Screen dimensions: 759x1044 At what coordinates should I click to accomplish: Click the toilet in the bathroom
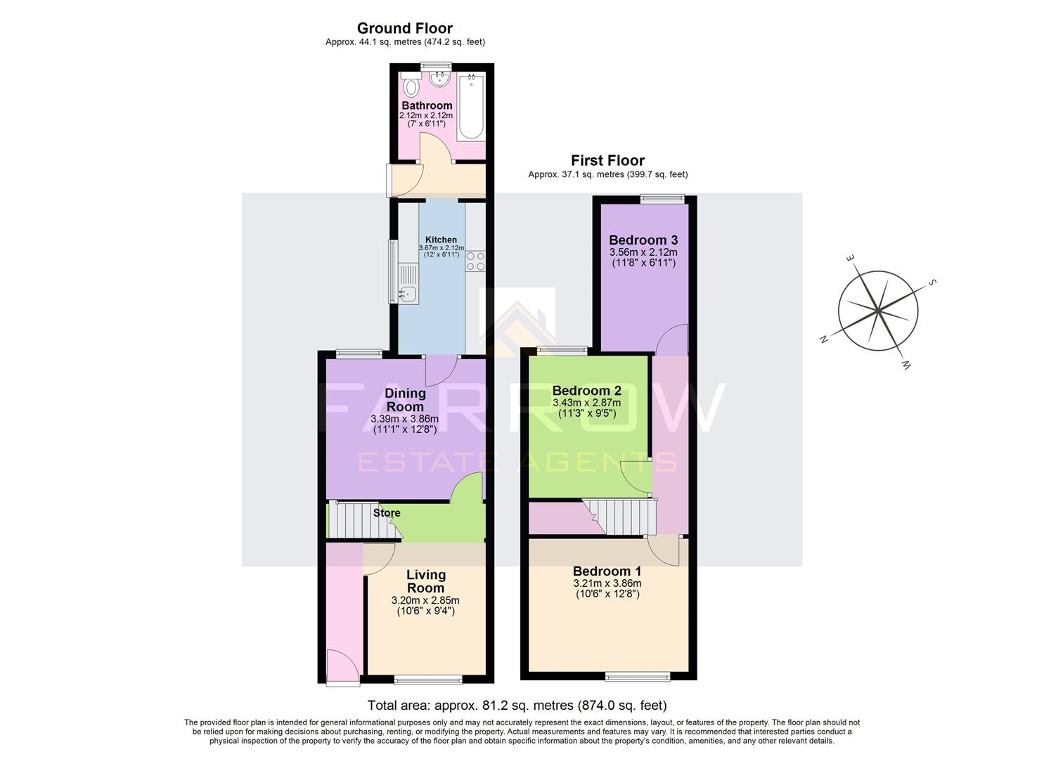(411, 87)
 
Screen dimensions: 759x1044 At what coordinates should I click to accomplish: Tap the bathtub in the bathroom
(470, 107)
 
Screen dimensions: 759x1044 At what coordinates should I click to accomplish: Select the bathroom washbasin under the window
(440, 79)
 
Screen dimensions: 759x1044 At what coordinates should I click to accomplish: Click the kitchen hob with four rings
(475, 261)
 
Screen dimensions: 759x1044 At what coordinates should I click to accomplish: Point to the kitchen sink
(407, 293)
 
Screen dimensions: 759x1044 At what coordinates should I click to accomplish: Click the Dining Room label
(405, 399)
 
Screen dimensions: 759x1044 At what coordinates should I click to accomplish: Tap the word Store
(387, 513)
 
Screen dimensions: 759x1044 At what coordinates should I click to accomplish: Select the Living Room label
(425, 581)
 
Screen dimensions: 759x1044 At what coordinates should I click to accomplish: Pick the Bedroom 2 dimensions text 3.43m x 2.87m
(587, 403)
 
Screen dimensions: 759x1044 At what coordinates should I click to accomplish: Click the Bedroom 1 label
(607, 571)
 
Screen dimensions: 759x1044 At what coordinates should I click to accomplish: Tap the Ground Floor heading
(404, 28)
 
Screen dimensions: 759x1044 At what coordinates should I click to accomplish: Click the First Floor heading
(607, 160)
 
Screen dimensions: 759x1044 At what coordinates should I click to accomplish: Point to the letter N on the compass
(823, 339)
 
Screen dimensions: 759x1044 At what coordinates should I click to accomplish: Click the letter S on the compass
(933, 283)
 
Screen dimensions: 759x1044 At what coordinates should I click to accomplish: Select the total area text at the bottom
(517, 705)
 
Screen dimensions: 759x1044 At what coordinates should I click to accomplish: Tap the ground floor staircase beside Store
(354, 520)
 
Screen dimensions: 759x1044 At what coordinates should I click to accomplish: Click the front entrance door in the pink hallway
(342, 665)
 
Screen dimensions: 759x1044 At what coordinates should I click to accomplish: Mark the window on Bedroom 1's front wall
(638, 677)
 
